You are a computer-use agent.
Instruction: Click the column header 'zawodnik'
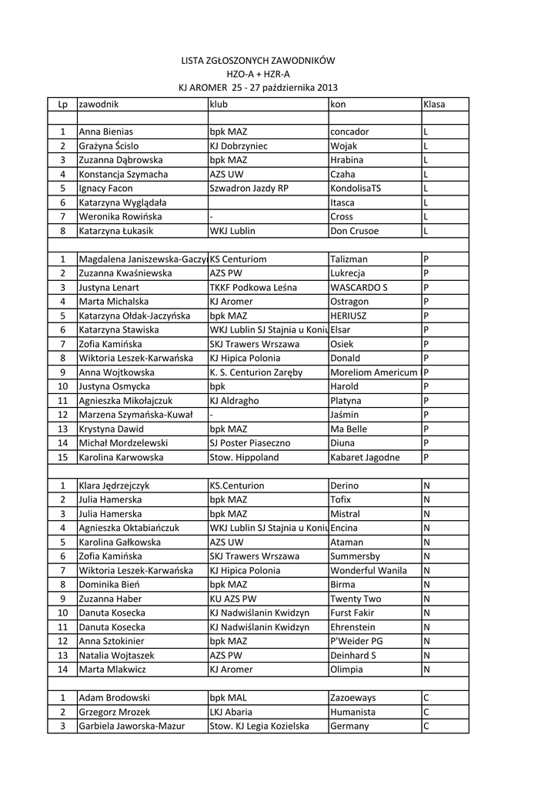pos(98,103)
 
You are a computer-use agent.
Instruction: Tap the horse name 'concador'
pos(349,132)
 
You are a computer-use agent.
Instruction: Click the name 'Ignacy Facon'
pos(105,188)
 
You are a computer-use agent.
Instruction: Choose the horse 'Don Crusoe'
pos(356,230)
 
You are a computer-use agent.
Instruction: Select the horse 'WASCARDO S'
pos(359,287)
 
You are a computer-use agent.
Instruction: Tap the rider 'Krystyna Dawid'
pos(111,429)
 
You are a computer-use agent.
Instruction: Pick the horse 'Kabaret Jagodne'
pos(365,457)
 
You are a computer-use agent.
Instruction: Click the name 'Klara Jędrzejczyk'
pos(114,486)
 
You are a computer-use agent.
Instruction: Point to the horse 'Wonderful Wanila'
pos(369,570)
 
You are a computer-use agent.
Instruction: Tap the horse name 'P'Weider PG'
pos(356,641)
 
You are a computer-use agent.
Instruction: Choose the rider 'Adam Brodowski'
pos(113,697)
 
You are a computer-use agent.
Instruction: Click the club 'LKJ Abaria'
pos(231,712)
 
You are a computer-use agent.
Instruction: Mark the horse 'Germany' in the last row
pos(349,726)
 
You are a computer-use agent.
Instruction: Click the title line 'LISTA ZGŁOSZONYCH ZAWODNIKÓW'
pos(258,59)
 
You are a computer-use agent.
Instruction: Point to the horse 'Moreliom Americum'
pos(373,372)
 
